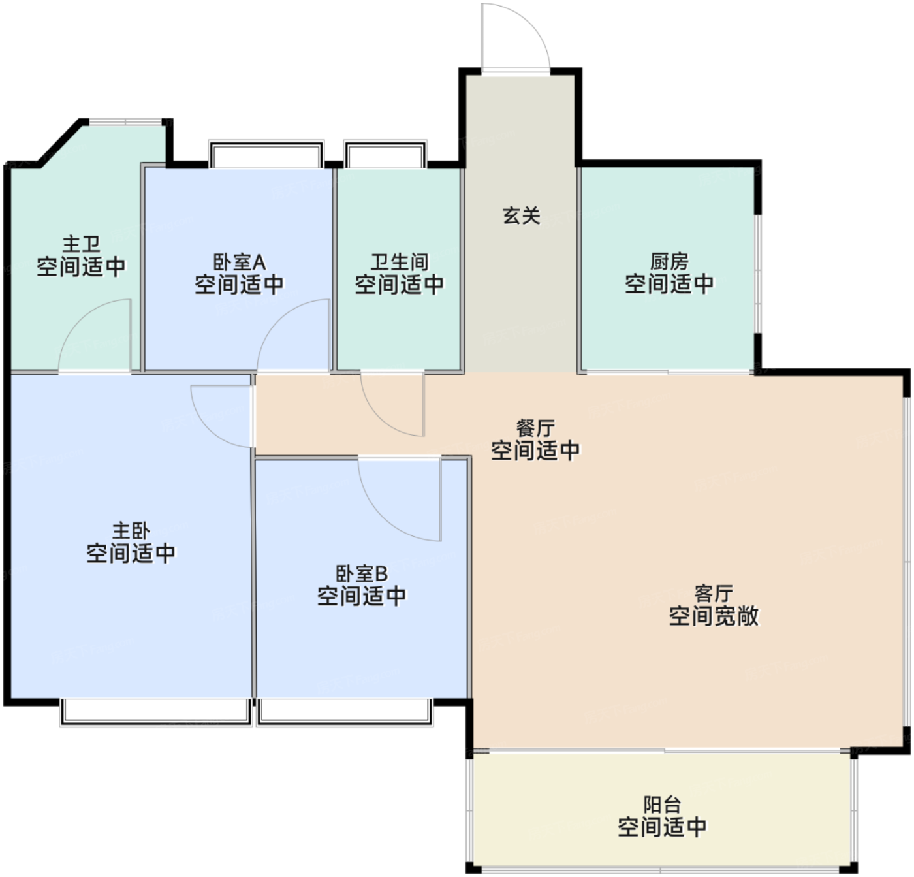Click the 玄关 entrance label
click(x=522, y=215)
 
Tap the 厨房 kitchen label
click(x=669, y=262)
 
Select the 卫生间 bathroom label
click(x=400, y=262)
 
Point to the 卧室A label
click(x=240, y=262)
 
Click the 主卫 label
click(x=81, y=244)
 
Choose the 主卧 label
click(x=131, y=531)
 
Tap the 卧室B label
click(x=362, y=573)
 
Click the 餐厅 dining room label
click(x=535, y=428)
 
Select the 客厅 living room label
click(x=714, y=594)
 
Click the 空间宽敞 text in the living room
click(x=714, y=616)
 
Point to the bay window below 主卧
click(x=155, y=712)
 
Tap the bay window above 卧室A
click(x=266, y=153)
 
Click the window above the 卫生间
click(x=385, y=153)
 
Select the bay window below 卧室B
click(x=345, y=712)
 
